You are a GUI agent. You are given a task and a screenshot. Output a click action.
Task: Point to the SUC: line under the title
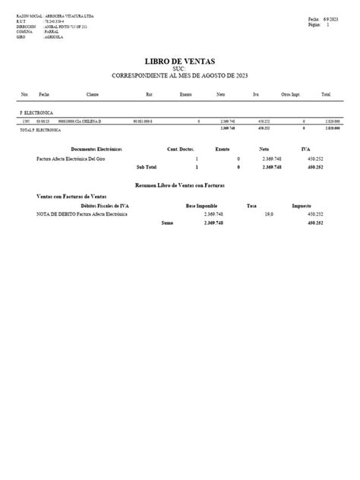pos(180,69)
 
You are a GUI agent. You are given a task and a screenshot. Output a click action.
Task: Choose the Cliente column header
pos(93,95)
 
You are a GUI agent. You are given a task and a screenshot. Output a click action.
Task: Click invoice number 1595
pos(27,121)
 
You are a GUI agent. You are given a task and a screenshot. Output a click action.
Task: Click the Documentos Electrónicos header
pos(96,150)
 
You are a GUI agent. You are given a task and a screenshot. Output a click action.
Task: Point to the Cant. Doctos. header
pos(182,150)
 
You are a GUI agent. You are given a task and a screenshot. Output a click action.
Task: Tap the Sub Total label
pos(147,166)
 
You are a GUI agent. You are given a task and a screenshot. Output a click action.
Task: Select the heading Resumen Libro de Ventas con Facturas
pos(181,185)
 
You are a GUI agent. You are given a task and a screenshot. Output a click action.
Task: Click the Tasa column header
pos(251,206)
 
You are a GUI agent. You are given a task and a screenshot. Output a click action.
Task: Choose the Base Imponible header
pos(201,206)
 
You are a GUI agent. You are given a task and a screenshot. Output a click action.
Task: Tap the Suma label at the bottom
pos(167,223)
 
